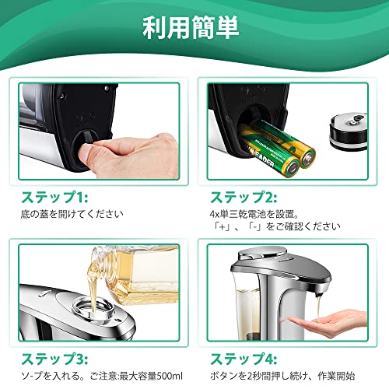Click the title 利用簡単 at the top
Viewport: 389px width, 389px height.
coord(191,28)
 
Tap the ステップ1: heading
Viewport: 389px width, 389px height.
coord(54,198)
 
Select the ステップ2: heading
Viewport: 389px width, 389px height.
coord(244,198)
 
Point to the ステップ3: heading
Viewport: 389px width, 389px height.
coord(54,359)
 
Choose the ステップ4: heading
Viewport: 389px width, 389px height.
coord(244,359)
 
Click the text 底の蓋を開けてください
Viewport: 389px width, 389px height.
coord(72,214)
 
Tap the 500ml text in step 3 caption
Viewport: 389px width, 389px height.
coord(170,376)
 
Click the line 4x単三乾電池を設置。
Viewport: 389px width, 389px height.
coord(254,214)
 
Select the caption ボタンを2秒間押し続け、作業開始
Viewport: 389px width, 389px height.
coord(282,376)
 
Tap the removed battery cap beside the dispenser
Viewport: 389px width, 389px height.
coord(349,131)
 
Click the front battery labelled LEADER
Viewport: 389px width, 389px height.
coord(270,155)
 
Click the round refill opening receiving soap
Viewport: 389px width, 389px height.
coord(94,309)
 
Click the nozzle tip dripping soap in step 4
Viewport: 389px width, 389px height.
coord(319,295)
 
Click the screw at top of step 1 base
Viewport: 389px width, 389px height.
coord(106,88)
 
